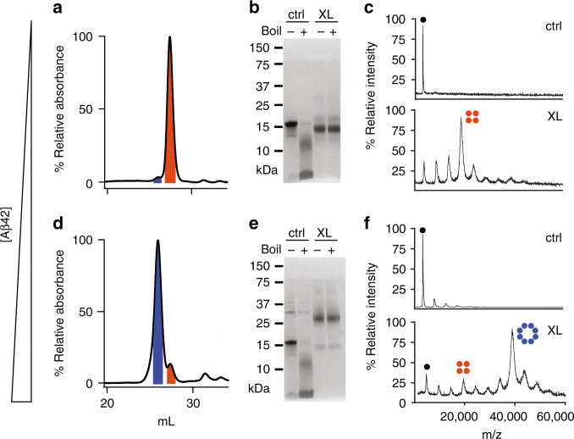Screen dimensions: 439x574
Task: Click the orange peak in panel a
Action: pyautogui.click(x=170, y=127)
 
